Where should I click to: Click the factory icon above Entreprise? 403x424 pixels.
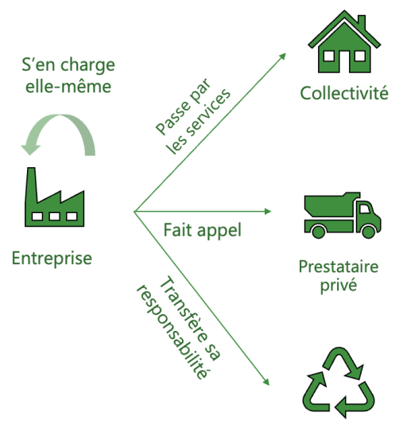point(54,200)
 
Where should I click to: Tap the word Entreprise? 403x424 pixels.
point(52,259)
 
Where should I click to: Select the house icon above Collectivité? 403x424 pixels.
point(344,42)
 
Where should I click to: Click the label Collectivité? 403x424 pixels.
point(344,93)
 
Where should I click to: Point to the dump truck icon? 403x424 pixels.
point(343,215)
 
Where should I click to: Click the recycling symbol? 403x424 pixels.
point(339,383)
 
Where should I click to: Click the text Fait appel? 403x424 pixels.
point(203,231)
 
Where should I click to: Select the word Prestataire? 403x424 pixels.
point(339,266)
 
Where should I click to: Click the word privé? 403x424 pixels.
point(339,286)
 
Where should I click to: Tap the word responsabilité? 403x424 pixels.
point(172,331)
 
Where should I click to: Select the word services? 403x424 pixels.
point(207,113)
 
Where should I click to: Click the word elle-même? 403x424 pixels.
point(68,87)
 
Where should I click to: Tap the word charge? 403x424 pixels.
point(87,66)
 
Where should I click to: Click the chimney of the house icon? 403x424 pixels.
point(362,22)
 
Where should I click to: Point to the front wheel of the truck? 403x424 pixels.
point(369,231)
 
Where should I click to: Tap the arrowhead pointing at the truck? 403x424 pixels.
point(268,212)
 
